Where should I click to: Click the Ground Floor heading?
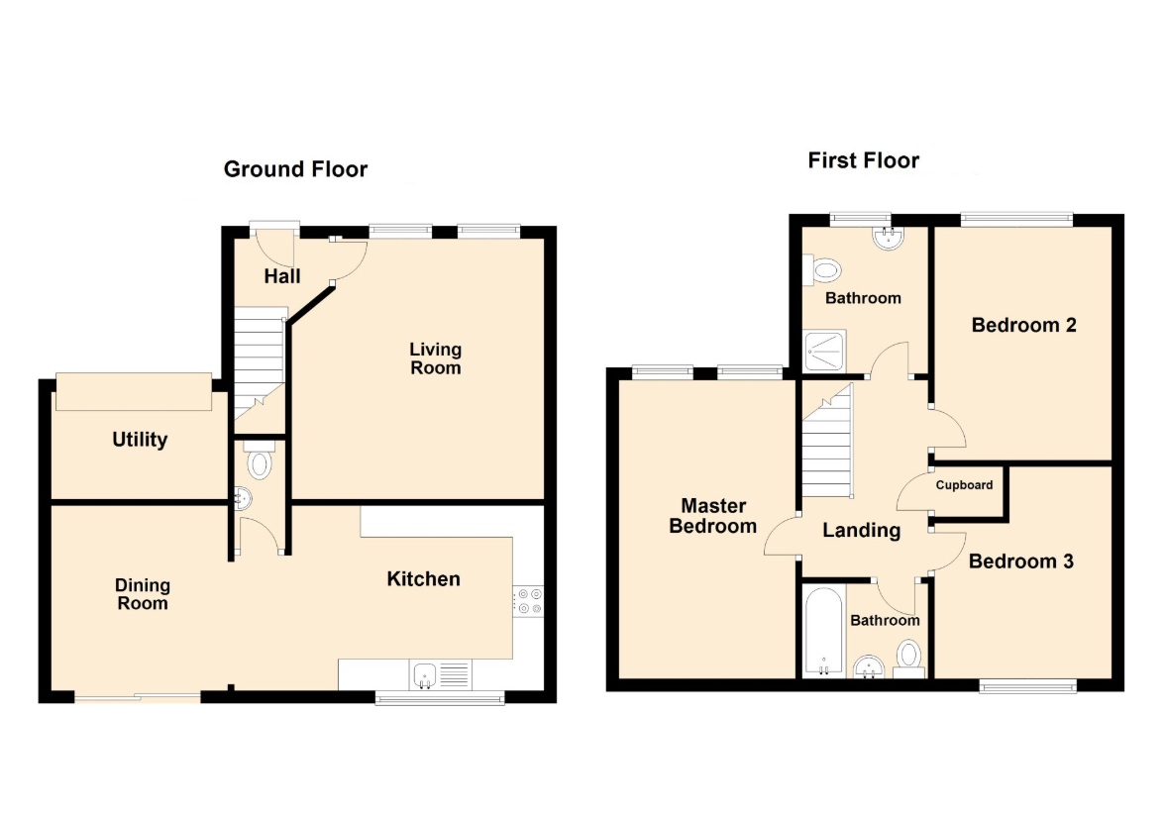point(295,169)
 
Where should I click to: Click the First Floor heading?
point(864,160)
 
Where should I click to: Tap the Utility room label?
point(140,440)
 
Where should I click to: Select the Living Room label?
point(436,358)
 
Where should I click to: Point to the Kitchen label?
point(424,579)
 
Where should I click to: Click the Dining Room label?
point(143,594)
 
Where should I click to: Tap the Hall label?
point(282,276)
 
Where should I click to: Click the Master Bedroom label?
point(713,516)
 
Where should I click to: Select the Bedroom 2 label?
point(1024,325)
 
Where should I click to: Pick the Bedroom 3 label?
point(1021,562)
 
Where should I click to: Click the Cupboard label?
point(965,485)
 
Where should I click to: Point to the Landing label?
point(862,531)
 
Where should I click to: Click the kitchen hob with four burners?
point(528,601)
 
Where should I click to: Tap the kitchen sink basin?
point(424,675)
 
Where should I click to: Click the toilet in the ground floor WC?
point(260,460)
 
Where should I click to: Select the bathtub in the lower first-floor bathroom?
point(824,632)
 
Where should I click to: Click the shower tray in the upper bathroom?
point(825,351)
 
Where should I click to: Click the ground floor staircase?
point(260,365)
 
